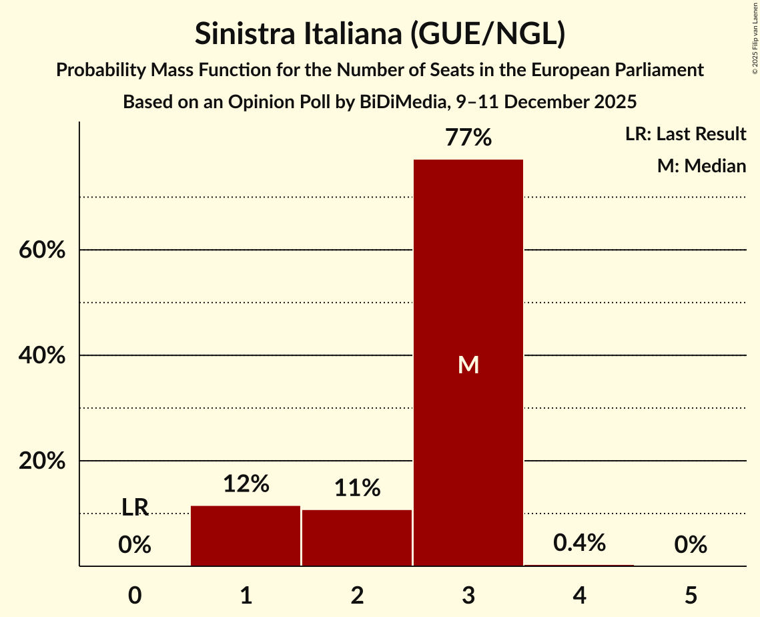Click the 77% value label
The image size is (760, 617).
[x=468, y=138]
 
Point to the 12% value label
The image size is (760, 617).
[x=246, y=484]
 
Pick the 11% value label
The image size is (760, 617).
[x=357, y=488]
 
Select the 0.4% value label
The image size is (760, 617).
[x=579, y=543]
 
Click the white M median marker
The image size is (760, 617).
[x=468, y=365]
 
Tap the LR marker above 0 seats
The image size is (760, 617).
[x=135, y=507]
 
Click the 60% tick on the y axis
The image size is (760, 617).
[x=41, y=250]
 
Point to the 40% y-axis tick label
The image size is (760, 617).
[x=41, y=356]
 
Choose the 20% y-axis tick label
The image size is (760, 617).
[x=41, y=461]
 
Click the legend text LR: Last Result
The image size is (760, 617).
[x=685, y=134]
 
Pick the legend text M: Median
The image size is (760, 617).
[x=701, y=166]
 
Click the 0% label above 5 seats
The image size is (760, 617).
[x=691, y=546]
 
